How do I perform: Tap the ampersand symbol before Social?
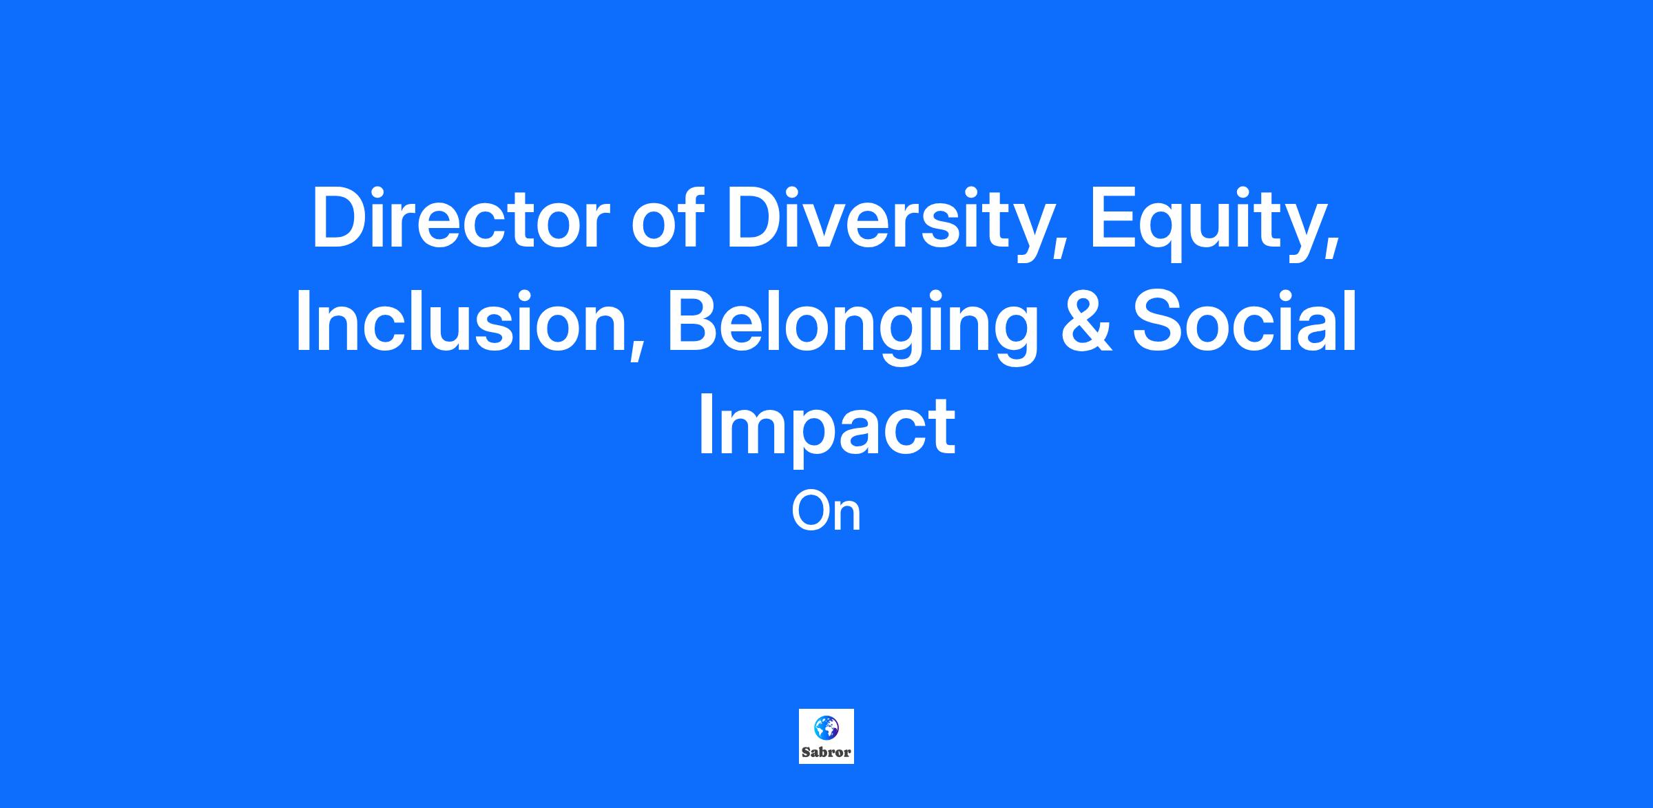(x=1086, y=322)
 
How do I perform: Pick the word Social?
(x=1244, y=321)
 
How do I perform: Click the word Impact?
(x=826, y=429)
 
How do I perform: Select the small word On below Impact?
(x=826, y=512)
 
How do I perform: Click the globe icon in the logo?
(x=826, y=727)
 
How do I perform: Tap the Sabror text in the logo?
(x=826, y=752)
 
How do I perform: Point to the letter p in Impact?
(x=817, y=442)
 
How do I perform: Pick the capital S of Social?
(x=1158, y=322)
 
